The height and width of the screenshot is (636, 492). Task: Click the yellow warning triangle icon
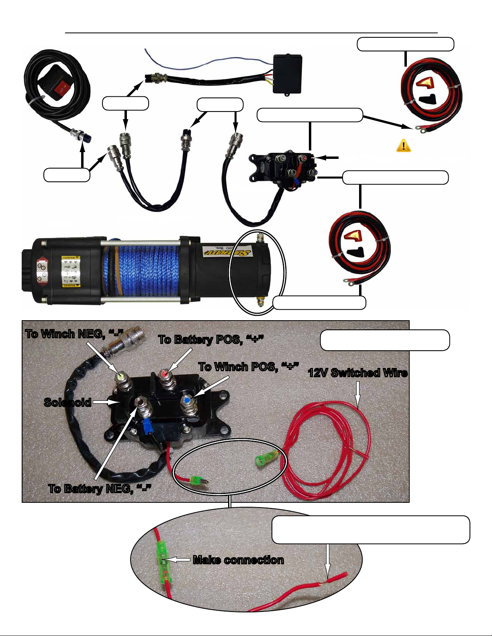[403, 145]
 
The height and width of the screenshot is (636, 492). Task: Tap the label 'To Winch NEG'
[74, 334]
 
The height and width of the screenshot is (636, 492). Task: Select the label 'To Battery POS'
[211, 339]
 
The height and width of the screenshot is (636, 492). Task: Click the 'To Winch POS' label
[249, 367]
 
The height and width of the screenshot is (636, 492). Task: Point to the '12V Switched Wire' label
[358, 373]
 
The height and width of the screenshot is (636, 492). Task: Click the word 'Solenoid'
[67, 402]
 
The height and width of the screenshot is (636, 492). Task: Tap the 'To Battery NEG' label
[100, 488]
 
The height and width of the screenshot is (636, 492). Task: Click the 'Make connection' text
[238, 560]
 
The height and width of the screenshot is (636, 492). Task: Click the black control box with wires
[288, 74]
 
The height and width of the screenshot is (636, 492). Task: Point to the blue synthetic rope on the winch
[141, 269]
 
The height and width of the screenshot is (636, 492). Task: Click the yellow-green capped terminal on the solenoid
[120, 377]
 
